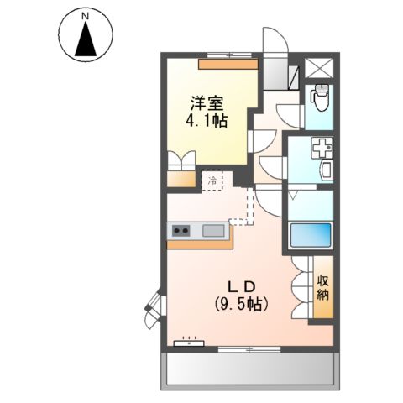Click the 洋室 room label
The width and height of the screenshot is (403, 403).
pyautogui.click(x=207, y=103)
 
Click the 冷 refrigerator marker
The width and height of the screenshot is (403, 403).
pyautogui.click(x=213, y=180)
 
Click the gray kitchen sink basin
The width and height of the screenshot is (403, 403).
pyautogui.click(x=212, y=229)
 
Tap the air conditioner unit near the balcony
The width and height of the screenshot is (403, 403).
pyautogui.click(x=189, y=343)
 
